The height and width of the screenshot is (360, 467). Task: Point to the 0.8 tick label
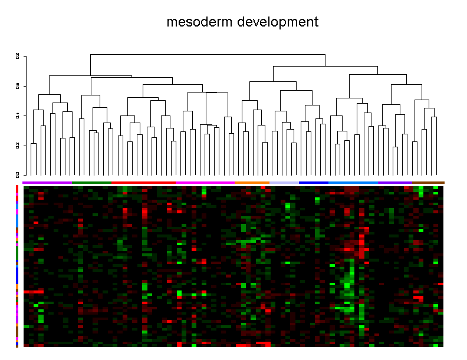click(x=18, y=57)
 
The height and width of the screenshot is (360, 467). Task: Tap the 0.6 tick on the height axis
click(x=18, y=86)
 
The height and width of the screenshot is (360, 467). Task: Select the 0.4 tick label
click(x=18, y=115)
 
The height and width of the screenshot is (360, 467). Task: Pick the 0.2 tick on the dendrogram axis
click(x=18, y=145)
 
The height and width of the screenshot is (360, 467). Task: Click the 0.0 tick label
click(x=18, y=174)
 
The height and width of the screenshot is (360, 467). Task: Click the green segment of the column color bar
click(x=91, y=183)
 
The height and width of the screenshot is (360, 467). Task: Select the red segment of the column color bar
click(x=143, y=183)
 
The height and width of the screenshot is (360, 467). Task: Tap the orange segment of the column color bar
click(x=252, y=183)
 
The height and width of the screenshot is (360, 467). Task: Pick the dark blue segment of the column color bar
click(x=313, y=183)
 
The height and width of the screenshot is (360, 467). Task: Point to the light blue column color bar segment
click(x=353, y=183)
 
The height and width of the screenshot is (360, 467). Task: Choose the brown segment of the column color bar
click(x=429, y=183)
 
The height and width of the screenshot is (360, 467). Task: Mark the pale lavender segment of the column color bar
click(x=284, y=183)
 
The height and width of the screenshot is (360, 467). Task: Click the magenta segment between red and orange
click(x=205, y=183)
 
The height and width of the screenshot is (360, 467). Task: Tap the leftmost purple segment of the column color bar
click(x=47, y=183)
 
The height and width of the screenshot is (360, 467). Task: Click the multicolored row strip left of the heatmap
click(x=17, y=265)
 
